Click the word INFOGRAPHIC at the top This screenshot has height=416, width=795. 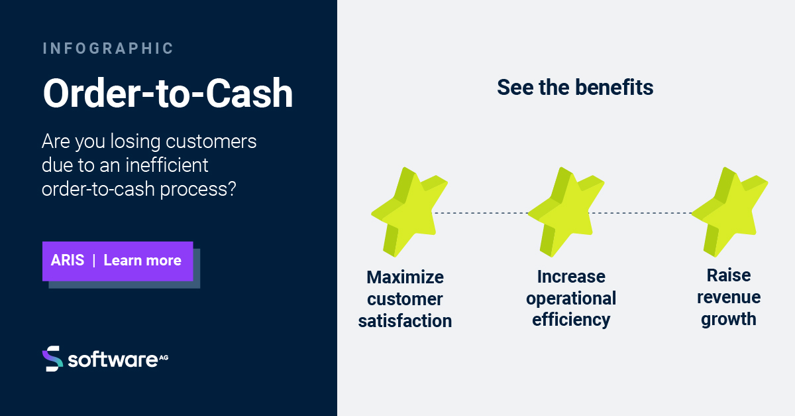[x=108, y=48]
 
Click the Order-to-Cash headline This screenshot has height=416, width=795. [x=168, y=94]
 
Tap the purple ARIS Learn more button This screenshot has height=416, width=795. [x=118, y=261]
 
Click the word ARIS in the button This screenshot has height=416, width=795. [x=68, y=261]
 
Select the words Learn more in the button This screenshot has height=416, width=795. [x=142, y=261]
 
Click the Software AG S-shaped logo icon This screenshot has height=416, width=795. [x=52, y=358]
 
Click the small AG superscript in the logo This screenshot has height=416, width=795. [x=164, y=356]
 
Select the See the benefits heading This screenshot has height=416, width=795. [x=575, y=88]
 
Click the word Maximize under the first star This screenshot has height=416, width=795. [x=405, y=277]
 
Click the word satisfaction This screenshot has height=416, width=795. [x=405, y=321]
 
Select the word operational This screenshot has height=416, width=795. [x=571, y=299]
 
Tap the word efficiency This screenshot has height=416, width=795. [x=570, y=320]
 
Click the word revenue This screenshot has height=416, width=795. [x=729, y=297]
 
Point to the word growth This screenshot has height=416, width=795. [x=729, y=319]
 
